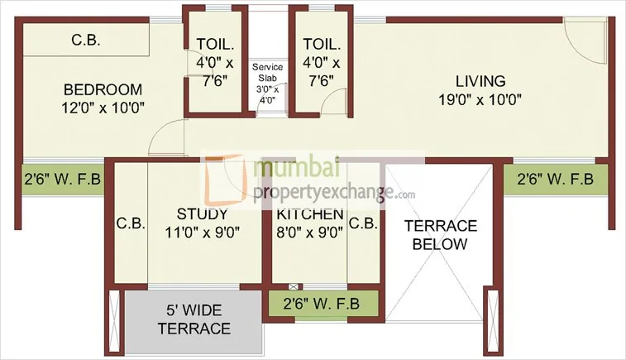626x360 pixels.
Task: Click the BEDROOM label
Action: (x=103, y=89)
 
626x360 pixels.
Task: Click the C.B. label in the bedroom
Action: (x=86, y=38)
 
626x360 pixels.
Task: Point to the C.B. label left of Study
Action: (x=131, y=223)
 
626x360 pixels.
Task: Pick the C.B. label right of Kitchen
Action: (x=364, y=223)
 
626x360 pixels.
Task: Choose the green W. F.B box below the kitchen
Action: (x=323, y=303)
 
